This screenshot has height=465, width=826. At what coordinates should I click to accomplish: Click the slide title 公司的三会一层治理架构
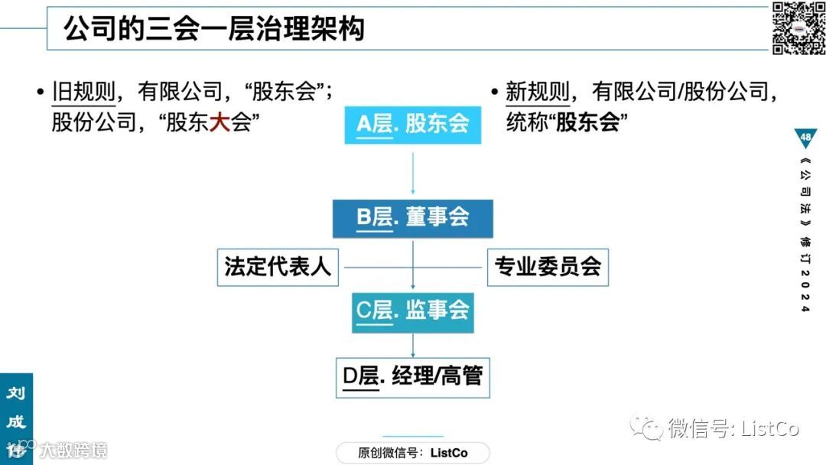[x=213, y=28]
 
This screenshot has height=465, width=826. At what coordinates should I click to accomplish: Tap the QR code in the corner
[x=798, y=28]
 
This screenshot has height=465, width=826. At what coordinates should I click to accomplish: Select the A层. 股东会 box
[x=413, y=124]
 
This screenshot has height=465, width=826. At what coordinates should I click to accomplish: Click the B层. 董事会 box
[x=413, y=218]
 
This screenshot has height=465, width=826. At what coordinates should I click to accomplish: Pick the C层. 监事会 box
[x=413, y=311]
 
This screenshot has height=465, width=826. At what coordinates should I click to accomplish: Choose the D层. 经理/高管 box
[x=413, y=376]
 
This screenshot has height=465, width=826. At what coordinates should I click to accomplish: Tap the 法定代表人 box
[x=278, y=266]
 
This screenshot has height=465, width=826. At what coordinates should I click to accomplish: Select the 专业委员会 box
[x=548, y=266]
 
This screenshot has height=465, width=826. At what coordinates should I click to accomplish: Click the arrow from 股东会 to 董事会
[x=413, y=171]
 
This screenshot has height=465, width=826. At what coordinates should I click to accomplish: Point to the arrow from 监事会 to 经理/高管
[x=413, y=345]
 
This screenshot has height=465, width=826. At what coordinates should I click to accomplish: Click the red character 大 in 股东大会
[x=220, y=122]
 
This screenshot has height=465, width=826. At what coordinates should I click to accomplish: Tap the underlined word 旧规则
[x=83, y=93]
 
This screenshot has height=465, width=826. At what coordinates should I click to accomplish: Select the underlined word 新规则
[x=538, y=93]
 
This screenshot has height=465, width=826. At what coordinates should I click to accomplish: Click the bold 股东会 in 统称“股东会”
[x=587, y=122]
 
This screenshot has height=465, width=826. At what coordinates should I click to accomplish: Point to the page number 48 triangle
[x=805, y=138]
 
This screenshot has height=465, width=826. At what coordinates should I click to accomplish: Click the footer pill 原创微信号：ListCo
[x=413, y=453]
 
